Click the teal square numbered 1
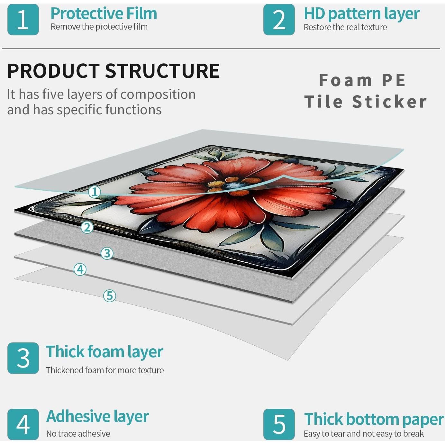(x=23, y=20)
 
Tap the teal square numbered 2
(x=279, y=20)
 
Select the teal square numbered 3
(x=23, y=358)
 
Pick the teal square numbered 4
(x=23, y=424)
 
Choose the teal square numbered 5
(x=279, y=424)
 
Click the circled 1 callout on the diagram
(x=95, y=192)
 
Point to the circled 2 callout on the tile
(x=87, y=227)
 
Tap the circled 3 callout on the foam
(x=107, y=253)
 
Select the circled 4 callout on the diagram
(x=80, y=269)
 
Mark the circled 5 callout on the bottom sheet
(x=109, y=296)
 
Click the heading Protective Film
(x=104, y=14)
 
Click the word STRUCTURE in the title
(x=162, y=71)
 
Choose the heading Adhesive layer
(x=97, y=417)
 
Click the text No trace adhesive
(x=78, y=434)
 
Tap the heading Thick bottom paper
(x=374, y=419)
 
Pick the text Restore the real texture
(x=345, y=27)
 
